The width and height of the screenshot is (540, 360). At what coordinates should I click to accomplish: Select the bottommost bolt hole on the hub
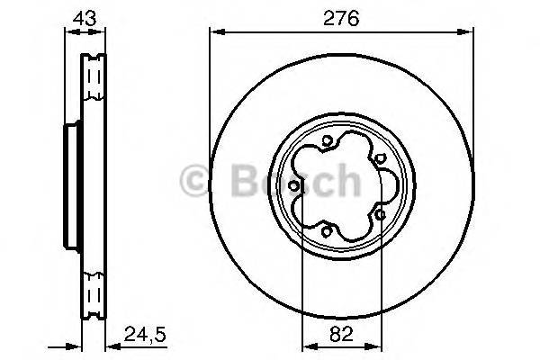coord(327,232)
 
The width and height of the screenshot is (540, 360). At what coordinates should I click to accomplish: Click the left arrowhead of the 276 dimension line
coord(214,33)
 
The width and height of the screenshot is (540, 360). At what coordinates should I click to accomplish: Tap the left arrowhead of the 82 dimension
coord(306,344)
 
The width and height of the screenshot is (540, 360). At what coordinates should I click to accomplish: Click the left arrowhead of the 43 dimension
coord(67,33)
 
